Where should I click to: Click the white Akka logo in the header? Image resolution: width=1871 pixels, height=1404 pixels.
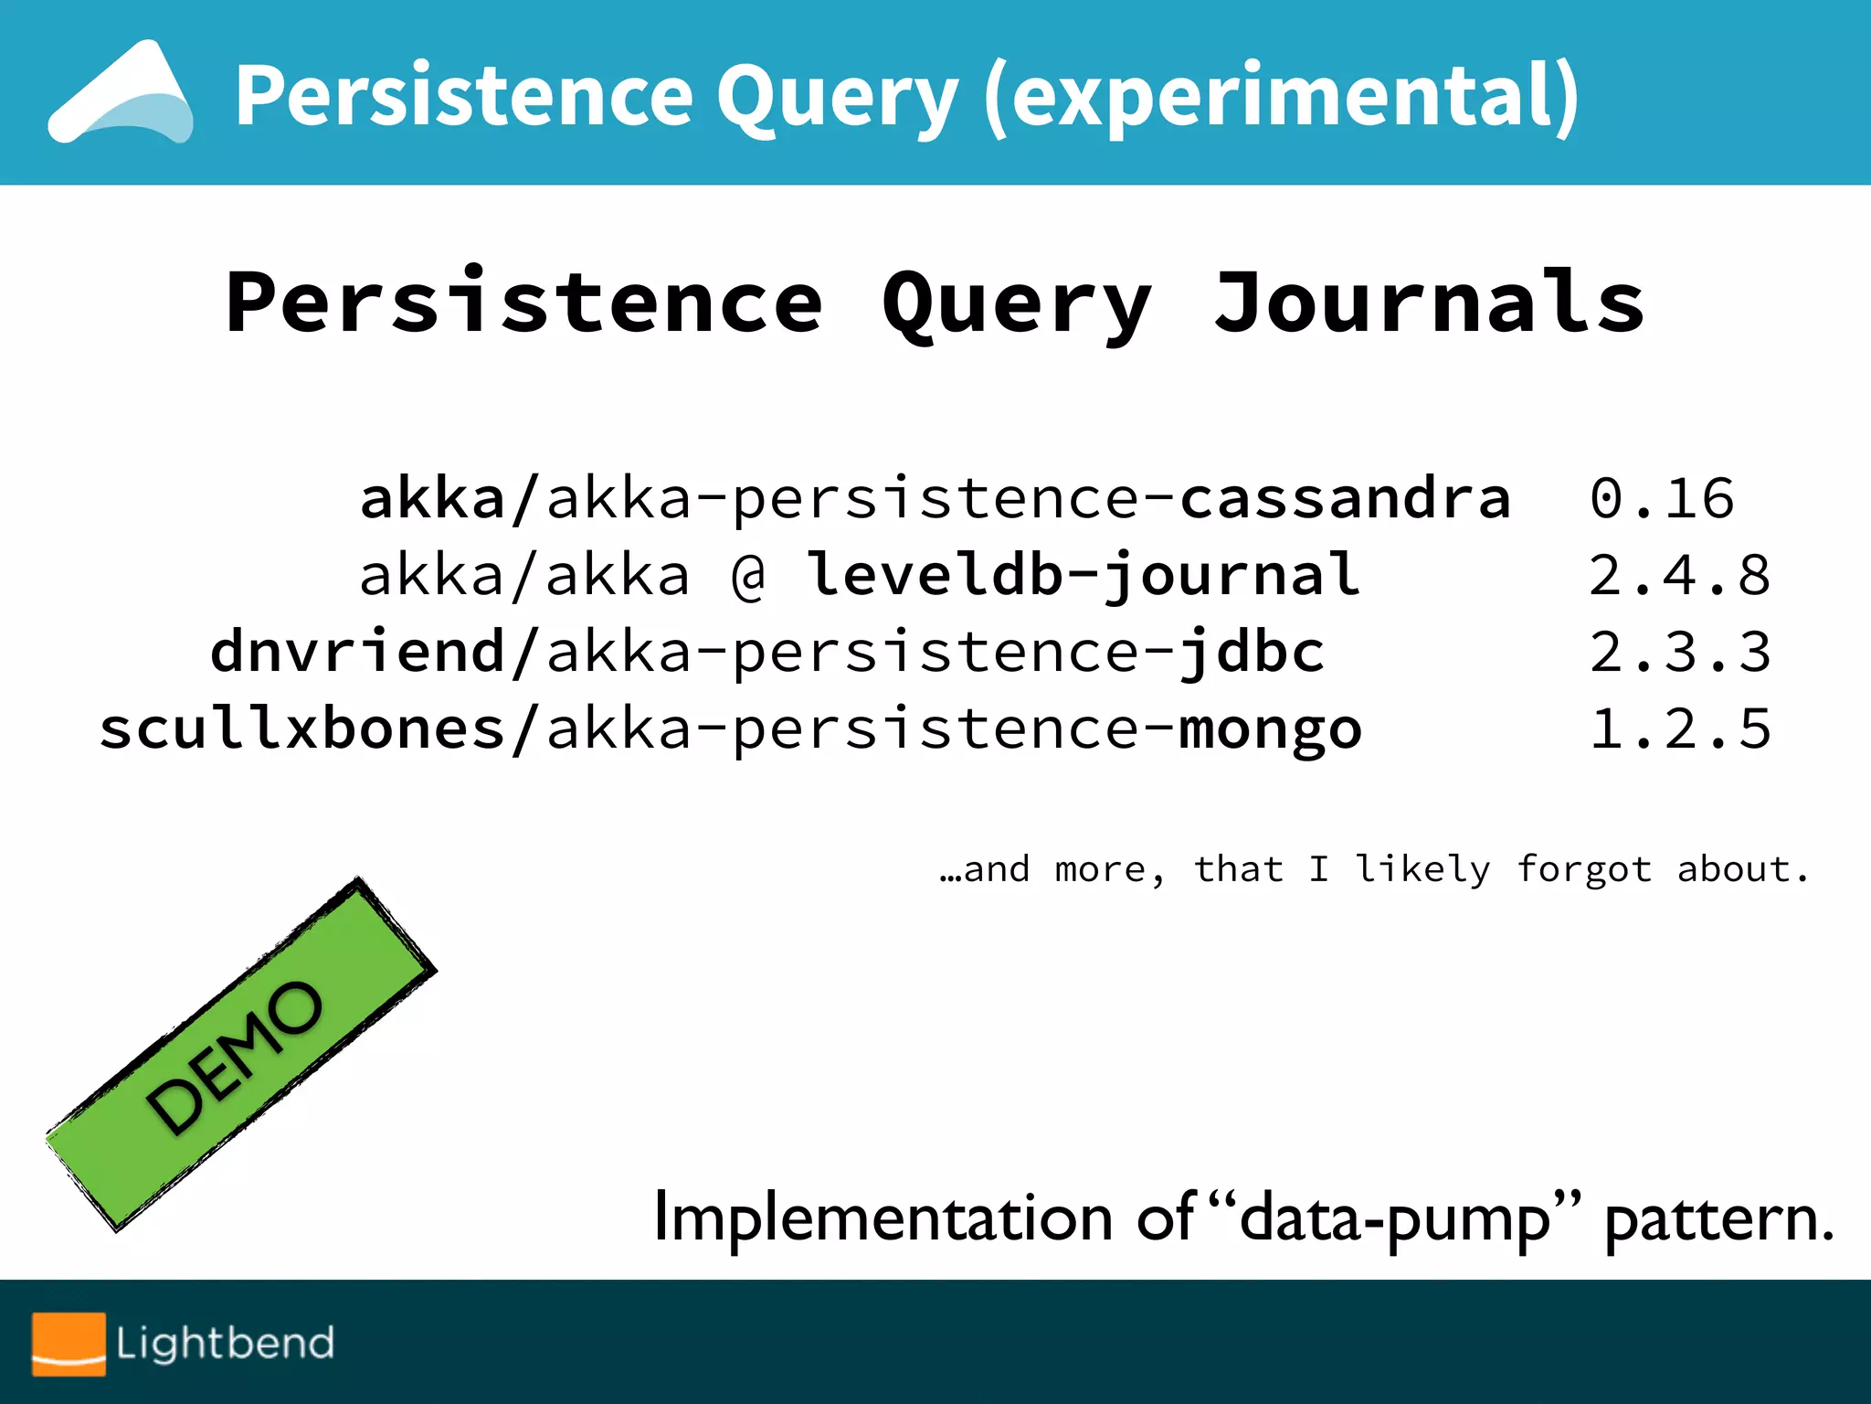(x=122, y=93)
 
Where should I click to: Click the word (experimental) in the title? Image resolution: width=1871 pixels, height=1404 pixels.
(x=1281, y=95)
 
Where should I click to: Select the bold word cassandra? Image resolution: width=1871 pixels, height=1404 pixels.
(x=1345, y=499)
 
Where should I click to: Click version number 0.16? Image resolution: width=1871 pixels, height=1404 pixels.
(x=1661, y=499)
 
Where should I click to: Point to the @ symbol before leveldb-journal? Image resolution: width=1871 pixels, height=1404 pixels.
(x=749, y=576)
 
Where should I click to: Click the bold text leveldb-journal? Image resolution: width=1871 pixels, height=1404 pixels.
(x=1083, y=576)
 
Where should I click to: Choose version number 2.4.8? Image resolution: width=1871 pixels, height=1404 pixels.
(x=1679, y=576)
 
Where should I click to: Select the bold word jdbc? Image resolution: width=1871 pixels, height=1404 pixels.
(x=1252, y=653)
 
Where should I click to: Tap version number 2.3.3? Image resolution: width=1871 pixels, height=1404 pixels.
(x=1679, y=653)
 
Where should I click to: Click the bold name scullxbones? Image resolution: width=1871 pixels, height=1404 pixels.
(x=302, y=729)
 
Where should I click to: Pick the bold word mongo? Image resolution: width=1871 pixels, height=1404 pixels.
(x=1270, y=729)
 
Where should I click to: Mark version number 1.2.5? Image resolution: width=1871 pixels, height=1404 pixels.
(x=1679, y=729)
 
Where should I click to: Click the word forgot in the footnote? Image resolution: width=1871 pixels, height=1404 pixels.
(x=1584, y=869)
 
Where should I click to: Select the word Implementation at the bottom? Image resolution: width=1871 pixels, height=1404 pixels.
(x=883, y=1219)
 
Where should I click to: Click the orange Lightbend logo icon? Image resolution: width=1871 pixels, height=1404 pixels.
(x=69, y=1344)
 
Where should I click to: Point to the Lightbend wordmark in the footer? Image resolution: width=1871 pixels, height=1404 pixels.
(x=225, y=1344)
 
